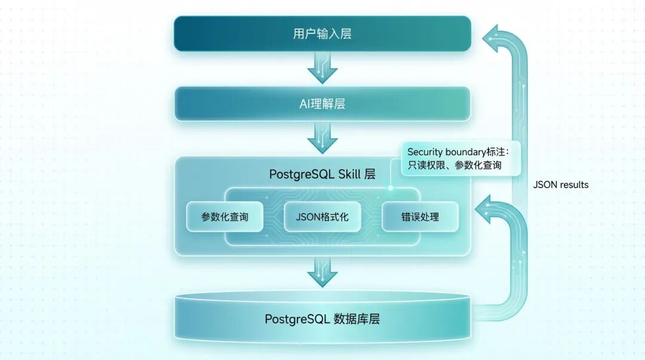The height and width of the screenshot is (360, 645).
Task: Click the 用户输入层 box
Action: click(x=322, y=33)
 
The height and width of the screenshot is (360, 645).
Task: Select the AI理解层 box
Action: click(x=322, y=104)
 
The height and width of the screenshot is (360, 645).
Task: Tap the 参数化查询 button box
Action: click(x=225, y=217)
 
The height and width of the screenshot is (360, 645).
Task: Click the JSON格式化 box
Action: click(x=322, y=217)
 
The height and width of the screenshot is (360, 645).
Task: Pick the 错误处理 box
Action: click(x=420, y=217)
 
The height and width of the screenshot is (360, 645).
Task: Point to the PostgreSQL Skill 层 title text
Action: click(x=322, y=174)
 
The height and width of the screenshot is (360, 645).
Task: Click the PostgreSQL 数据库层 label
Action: click(x=322, y=319)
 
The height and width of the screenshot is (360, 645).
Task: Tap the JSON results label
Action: click(x=561, y=185)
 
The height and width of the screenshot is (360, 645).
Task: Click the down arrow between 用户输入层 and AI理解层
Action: click(x=322, y=67)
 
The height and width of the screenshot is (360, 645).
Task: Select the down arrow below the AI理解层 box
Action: click(x=322, y=139)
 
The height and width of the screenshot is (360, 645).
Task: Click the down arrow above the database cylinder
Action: click(x=322, y=272)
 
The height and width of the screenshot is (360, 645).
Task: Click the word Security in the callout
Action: click(x=425, y=152)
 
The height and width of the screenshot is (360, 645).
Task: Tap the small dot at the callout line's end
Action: click(x=391, y=187)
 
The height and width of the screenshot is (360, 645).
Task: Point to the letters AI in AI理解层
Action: click(x=305, y=104)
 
